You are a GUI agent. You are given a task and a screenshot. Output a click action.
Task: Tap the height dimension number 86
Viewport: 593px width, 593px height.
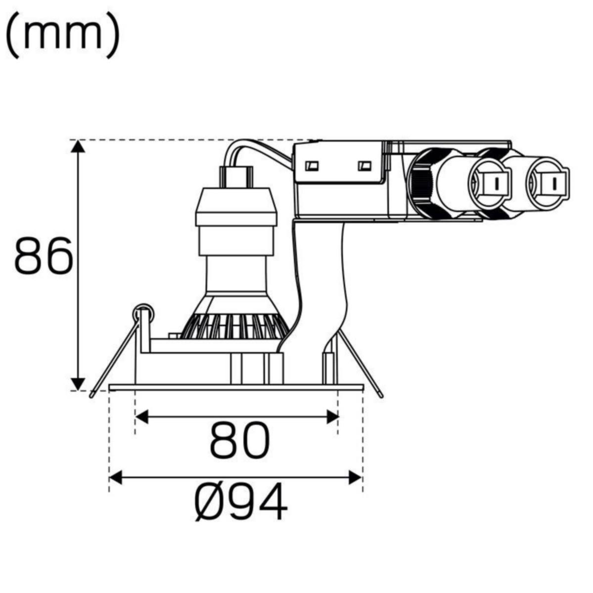coord(44,256)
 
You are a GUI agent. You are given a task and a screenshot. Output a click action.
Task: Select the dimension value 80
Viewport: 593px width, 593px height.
coord(240,441)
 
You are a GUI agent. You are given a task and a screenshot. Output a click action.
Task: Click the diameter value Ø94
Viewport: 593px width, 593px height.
coord(241,502)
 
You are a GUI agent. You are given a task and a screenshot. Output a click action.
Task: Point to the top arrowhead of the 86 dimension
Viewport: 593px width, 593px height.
coord(77,147)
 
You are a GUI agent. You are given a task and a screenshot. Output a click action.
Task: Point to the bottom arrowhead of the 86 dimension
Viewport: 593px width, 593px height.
coord(77,383)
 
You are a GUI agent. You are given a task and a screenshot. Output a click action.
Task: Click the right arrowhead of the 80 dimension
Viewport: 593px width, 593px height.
coord(332,417)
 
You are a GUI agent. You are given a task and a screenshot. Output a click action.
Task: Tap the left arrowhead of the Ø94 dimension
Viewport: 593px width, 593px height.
coord(115,477)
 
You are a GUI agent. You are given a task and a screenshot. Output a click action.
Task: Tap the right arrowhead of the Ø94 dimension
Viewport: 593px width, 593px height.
coord(356,477)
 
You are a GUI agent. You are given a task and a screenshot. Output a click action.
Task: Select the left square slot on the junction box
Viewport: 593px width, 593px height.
coord(312,166)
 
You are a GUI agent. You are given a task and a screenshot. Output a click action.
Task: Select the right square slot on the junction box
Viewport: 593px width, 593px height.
coord(365,165)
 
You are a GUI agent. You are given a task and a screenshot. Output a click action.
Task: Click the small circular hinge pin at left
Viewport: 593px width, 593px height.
coord(143,313)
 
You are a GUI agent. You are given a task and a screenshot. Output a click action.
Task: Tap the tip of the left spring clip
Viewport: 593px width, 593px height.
coord(92,394)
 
